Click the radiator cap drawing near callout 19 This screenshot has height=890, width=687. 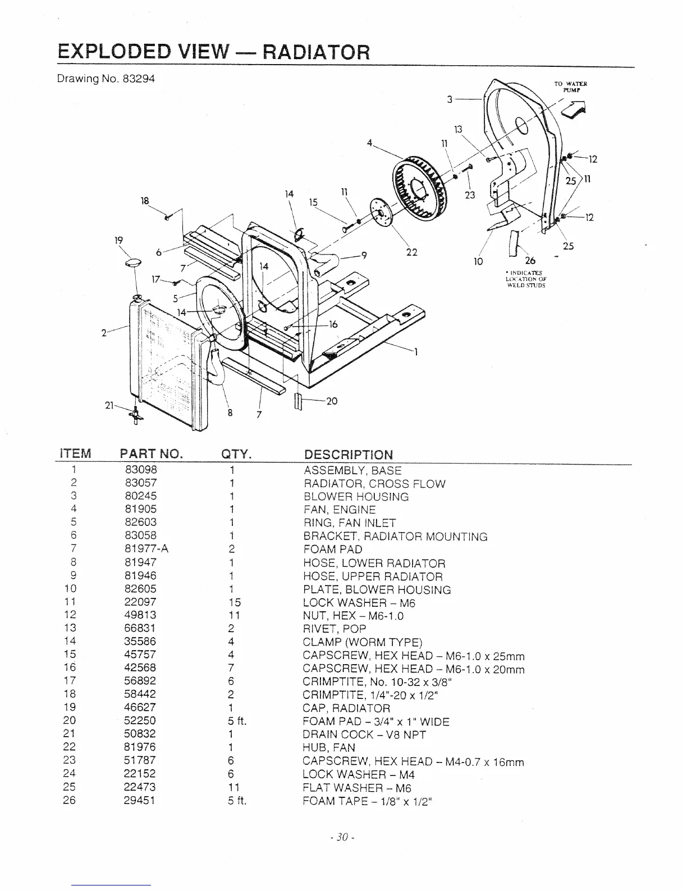click(x=134, y=262)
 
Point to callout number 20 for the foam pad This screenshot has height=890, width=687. click(x=332, y=401)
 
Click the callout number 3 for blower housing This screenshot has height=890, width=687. click(x=450, y=99)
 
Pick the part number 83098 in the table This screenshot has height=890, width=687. click(x=141, y=470)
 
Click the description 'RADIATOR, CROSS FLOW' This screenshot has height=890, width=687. click(x=374, y=484)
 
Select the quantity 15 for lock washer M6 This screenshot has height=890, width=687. click(x=234, y=602)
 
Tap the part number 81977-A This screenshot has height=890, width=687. click(x=146, y=549)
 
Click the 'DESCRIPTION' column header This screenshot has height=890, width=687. click(x=348, y=455)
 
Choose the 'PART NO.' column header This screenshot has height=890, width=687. click(x=152, y=454)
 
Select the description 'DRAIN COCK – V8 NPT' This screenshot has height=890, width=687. click(x=364, y=734)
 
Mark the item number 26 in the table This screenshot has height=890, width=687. click(x=70, y=800)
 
